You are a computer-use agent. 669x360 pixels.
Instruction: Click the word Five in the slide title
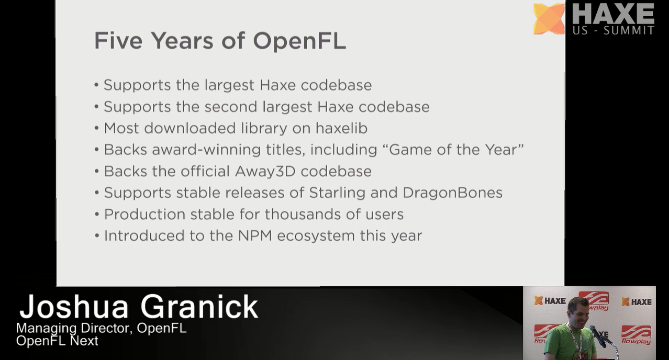pos(118,40)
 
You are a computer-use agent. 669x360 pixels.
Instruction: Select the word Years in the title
pos(182,40)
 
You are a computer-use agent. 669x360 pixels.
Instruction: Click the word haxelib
pos(341,128)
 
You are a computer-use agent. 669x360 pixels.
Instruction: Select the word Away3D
pos(265,171)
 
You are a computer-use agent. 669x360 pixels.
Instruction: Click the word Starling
pos(337,193)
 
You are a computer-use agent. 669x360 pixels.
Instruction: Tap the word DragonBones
pos(452,193)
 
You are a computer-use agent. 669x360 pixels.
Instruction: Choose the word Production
pos(144,215)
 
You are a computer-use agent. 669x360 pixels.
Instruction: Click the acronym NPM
pos(255,236)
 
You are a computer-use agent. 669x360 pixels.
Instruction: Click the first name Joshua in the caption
pos(74,307)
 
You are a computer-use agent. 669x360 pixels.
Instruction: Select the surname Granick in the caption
pos(199,307)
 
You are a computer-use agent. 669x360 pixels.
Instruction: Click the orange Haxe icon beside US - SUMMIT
pos(549,18)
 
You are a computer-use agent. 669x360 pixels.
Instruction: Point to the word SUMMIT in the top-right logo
pos(629,30)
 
